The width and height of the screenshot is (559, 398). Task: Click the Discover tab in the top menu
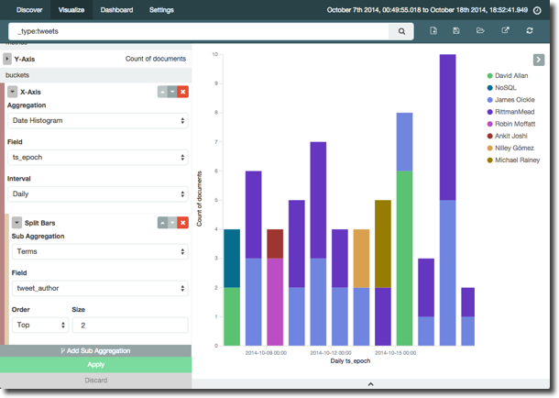click(29, 10)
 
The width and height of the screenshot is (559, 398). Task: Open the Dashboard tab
click(116, 10)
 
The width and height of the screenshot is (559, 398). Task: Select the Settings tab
click(161, 10)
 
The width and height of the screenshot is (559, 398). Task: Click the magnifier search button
click(401, 31)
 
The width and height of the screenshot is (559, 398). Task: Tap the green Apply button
click(95, 364)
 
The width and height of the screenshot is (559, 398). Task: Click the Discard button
click(95, 380)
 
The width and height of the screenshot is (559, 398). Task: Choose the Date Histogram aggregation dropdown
click(98, 120)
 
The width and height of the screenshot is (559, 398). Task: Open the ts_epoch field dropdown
click(98, 157)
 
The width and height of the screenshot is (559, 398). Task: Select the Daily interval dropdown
click(98, 194)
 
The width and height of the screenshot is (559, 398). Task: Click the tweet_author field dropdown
click(98, 287)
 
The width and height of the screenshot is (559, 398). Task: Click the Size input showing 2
click(129, 325)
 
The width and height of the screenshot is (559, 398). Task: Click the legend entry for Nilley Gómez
click(517, 147)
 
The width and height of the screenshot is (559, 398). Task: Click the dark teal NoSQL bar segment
click(232, 258)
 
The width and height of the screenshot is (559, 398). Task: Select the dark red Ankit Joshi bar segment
click(275, 243)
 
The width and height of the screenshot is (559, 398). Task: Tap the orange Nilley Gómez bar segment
click(361, 258)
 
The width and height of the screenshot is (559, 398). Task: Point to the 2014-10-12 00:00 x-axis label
click(332, 352)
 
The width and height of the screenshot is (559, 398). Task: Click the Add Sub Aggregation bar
click(95, 350)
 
